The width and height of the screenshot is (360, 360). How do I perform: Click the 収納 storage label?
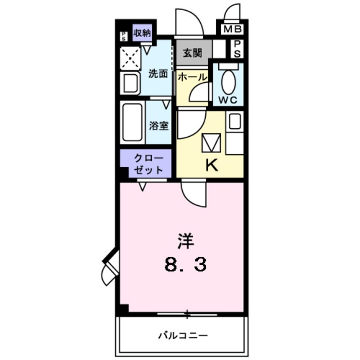pos(142,33)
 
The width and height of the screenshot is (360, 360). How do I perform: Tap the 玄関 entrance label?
pos(192,53)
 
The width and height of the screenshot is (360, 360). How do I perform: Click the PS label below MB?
pos(237,48)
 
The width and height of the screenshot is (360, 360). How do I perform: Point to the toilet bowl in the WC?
pos(228,82)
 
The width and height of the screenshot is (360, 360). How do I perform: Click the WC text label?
pos(228,100)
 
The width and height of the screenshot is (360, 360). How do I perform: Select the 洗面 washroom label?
pos(157,74)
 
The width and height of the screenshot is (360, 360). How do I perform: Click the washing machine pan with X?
pos(131,57)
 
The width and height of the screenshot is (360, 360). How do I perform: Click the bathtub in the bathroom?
pos(133,123)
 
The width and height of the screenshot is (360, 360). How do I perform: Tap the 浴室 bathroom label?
pos(159,125)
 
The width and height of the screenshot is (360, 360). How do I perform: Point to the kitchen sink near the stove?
pos(235,121)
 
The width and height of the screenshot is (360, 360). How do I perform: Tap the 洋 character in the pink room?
pos(185,241)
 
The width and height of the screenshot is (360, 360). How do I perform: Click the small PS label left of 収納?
pos(124,36)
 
